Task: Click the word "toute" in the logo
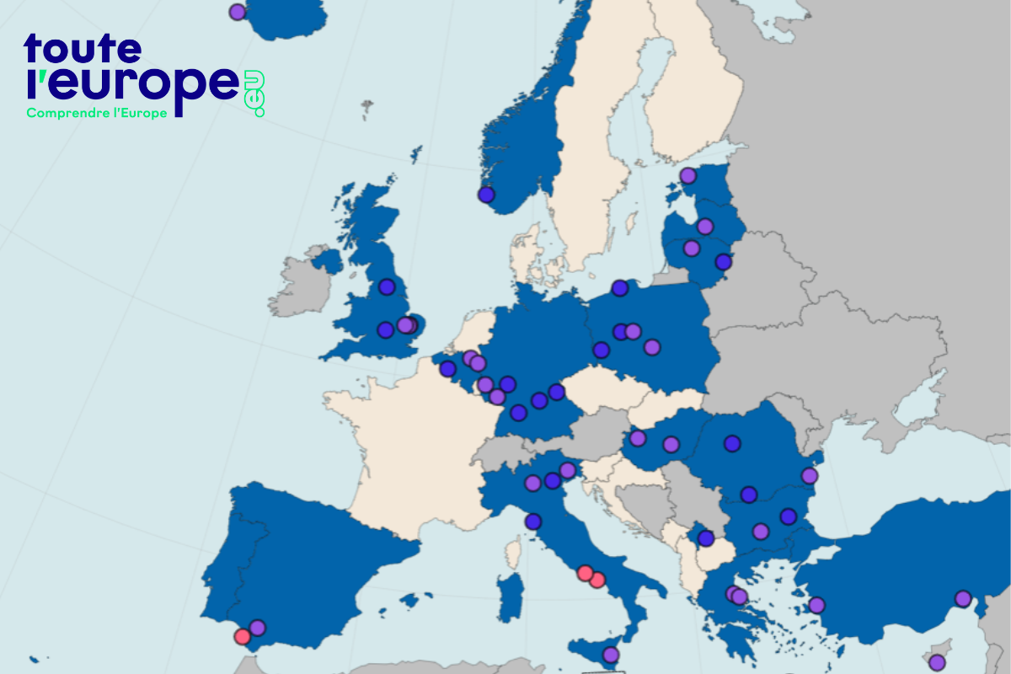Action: pyautogui.click(x=83, y=50)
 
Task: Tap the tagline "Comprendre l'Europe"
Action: pyautogui.click(x=97, y=112)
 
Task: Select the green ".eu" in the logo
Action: pyautogui.click(x=256, y=94)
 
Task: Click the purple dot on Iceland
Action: pyautogui.click(x=238, y=12)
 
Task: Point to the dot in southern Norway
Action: pyautogui.click(x=486, y=195)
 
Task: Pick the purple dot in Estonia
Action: pyautogui.click(x=687, y=175)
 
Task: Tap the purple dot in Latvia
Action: pyautogui.click(x=705, y=226)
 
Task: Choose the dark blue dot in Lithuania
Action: pyautogui.click(x=723, y=261)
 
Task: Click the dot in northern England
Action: pyautogui.click(x=387, y=286)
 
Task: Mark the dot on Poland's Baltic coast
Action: pyautogui.click(x=620, y=288)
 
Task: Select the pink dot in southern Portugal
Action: pyautogui.click(x=243, y=636)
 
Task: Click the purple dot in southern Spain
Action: pyautogui.click(x=258, y=628)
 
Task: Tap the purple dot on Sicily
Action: pyautogui.click(x=611, y=655)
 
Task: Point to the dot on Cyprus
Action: pyautogui.click(x=937, y=662)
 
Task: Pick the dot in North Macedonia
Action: pyautogui.click(x=706, y=538)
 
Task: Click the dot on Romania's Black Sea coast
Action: pyautogui.click(x=810, y=476)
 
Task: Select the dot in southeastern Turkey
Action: pyautogui.click(x=962, y=598)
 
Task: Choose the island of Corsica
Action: pyautogui.click(x=511, y=551)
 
